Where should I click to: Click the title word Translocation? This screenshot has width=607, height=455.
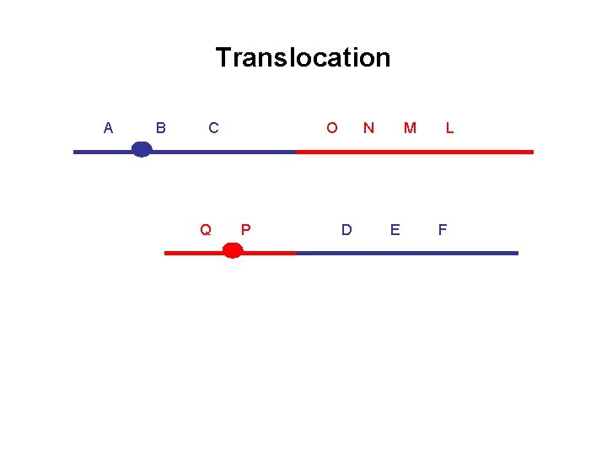[303, 57]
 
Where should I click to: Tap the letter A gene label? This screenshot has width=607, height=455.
[108, 128]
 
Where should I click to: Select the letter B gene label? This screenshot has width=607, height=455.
[161, 128]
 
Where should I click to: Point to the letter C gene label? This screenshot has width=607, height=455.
[213, 128]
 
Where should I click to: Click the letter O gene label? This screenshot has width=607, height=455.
[332, 128]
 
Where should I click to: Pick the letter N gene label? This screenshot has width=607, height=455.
[368, 128]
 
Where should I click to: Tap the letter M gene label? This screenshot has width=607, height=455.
[410, 128]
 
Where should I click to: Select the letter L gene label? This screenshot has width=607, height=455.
[450, 128]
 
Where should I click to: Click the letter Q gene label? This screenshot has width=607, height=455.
[205, 229]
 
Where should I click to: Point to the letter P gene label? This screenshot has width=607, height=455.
[245, 229]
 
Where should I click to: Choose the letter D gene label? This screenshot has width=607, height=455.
[346, 229]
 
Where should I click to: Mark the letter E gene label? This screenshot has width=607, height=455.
[395, 229]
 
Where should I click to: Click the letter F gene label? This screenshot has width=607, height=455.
[443, 229]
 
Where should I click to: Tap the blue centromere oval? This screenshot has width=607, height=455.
[142, 150]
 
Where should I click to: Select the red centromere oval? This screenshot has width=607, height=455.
[233, 250]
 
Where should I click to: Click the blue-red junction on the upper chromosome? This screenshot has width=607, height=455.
[296, 152]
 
